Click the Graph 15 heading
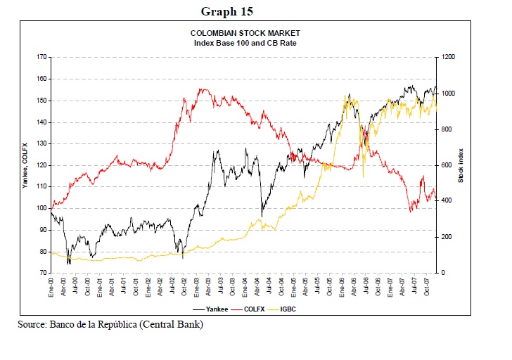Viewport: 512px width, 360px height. coord(226,11)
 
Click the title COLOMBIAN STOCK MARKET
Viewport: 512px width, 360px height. coord(245,33)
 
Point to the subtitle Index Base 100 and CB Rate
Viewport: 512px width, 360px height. coord(245,43)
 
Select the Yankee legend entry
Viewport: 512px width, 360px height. coord(210,309)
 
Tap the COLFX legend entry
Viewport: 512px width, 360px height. coord(248,309)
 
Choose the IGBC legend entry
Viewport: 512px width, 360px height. coord(282,309)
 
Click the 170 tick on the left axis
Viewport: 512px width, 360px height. coord(41,57)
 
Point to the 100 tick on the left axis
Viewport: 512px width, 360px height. coord(41,208)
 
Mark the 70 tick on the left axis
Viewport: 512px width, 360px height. coord(43,273)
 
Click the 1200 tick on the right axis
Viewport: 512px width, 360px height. coord(448,57)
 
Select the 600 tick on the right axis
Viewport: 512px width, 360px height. coord(447,165)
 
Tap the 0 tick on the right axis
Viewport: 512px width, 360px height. coord(443,273)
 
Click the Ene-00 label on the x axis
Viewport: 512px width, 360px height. coord(51,286)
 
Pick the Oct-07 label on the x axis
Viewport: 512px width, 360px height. coord(426,286)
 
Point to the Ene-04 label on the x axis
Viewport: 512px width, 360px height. coord(245,286)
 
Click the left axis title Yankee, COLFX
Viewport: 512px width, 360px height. coord(25,165)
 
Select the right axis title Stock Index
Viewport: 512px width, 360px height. coord(461,165)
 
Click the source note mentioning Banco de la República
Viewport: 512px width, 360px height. coord(110,324)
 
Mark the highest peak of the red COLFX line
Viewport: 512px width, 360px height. coord(201,89)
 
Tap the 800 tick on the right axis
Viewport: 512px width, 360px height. coord(447,129)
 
